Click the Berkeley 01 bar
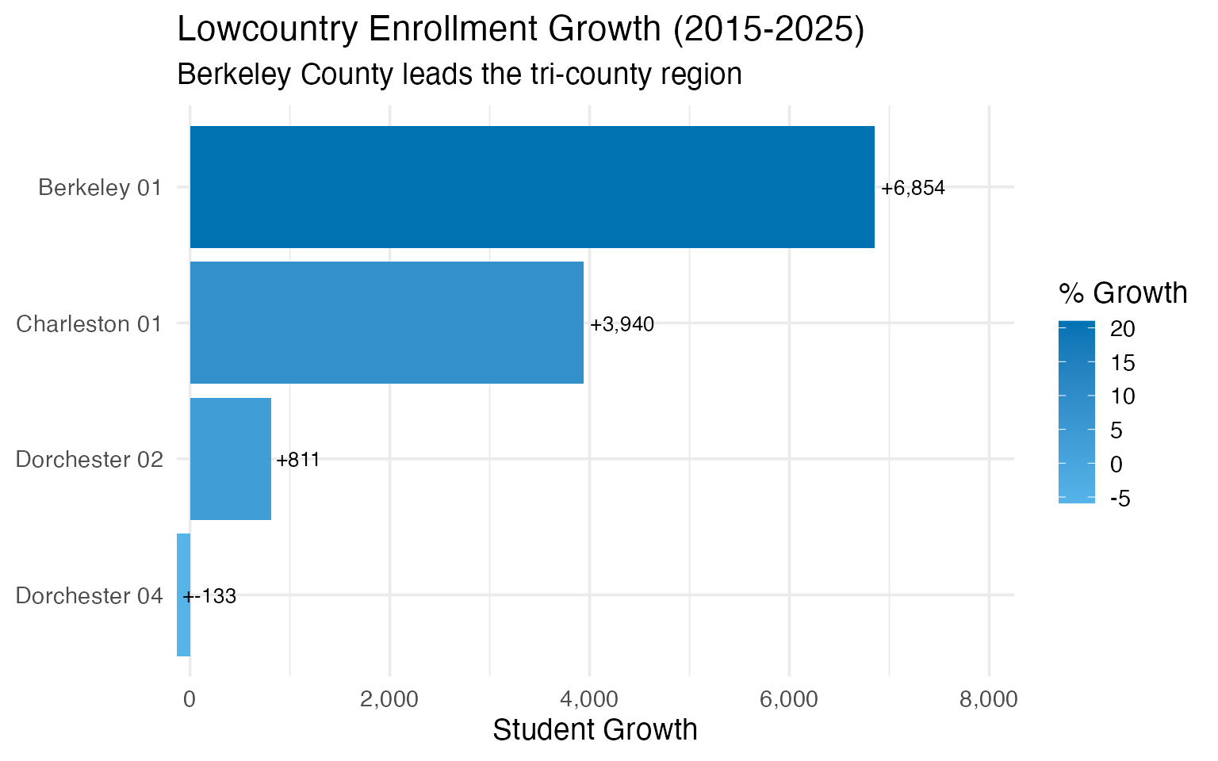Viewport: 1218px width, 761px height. click(x=531, y=187)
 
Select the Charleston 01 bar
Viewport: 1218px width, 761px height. click(x=386, y=323)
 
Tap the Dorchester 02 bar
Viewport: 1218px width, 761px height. click(x=230, y=459)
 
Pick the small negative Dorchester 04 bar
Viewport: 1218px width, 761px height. click(x=183, y=595)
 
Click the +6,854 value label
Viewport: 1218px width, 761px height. click(x=913, y=189)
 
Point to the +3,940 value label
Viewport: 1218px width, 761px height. click(x=622, y=324)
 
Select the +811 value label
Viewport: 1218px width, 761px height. click(x=298, y=461)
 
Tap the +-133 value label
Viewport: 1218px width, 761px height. click(x=211, y=596)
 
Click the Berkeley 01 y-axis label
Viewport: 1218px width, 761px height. click(x=100, y=188)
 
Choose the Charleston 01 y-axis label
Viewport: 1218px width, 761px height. click(x=89, y=324)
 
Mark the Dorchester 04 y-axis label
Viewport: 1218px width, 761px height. click(x=89, y=596)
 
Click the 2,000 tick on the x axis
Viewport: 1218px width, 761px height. click(x=389, y=699)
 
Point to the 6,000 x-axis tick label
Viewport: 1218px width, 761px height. click(x=789, y=699)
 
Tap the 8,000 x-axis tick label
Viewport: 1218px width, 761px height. click(x=989, y=699)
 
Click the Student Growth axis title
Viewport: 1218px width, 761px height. click(x=595, y=730)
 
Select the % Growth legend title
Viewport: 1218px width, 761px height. click(x=1122, y=293)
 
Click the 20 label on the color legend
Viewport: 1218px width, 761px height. click(x=1122, y=330)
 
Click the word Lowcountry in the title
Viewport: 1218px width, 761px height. click(x=264, y=30)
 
